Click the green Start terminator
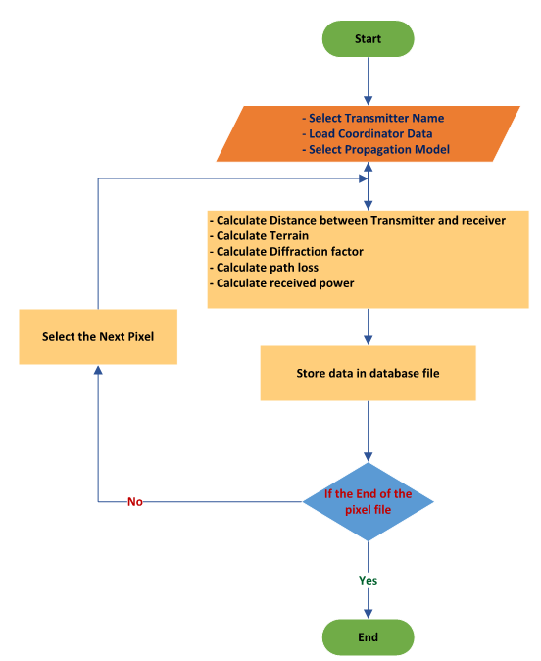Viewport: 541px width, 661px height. pos(368,39)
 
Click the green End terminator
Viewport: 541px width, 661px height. pos(368,636)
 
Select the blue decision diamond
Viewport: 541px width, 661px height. pos(368,502)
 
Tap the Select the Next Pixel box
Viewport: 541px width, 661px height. pos(98,336)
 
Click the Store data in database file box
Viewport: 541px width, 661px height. pos(368,373)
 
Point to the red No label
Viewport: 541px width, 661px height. pos(135,502)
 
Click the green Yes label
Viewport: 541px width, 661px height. pos(368,580)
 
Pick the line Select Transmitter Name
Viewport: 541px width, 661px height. pos(373,118)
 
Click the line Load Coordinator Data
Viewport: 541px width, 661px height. pos(368,133)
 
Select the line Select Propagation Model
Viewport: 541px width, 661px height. pos(375,150)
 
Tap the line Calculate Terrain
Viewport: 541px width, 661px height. pos(259,235)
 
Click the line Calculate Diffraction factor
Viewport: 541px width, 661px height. pos(286,252)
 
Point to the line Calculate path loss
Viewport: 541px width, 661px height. pos(265,268)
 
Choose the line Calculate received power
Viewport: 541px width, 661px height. pos(282,283)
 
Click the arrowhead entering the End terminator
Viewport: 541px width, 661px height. pos(368,614)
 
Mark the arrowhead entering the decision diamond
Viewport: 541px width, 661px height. pos(368,457)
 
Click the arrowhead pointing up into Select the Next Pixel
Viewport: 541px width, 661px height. pos(98,370)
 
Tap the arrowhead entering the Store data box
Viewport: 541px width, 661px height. pos(368,340)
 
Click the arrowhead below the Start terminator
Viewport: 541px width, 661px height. pos(368,101)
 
